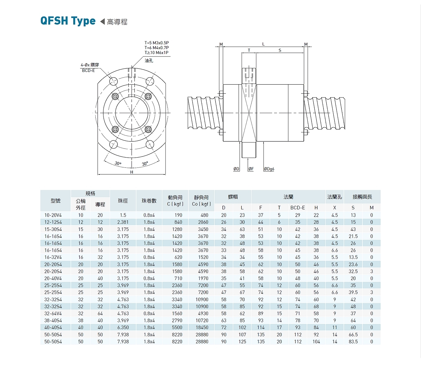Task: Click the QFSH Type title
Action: pyautogui.click(x=68, y=21)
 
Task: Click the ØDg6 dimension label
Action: pyautogui.click(x=269, y=169)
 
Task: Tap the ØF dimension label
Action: pyautogui.click(x=251, y=169)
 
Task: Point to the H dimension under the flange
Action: pyautogui.click(x=132, y=172)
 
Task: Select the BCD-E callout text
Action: pyautogui.click(x=88, y=71)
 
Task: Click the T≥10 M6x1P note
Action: pyautogui.click(x=156, y=53)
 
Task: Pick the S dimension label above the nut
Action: pyautogui.click(x=280, y=51)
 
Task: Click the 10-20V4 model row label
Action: pyautogui.click(x=53, y=215)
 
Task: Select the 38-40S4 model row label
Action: pyautogui.click(x=53, y=321)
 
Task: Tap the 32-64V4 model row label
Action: pyautogui.click(x=53, y=313)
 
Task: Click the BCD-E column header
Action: pyautogui.click(x=298, y=208)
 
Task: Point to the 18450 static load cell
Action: pyautogui.click(x=202, y=328)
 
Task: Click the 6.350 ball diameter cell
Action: pyautogui.click(x=123, y=328)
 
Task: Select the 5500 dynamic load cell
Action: pyautogui.click(x=177, y=328)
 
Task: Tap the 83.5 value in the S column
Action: pyautogui.click(x=353, y=342)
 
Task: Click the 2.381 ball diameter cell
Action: pyautogui.click(x=123, y=222)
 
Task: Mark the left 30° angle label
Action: pyautogui.click(x=118, y=164)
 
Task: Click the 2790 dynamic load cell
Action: pyautogui.click(x=177, y=321)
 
